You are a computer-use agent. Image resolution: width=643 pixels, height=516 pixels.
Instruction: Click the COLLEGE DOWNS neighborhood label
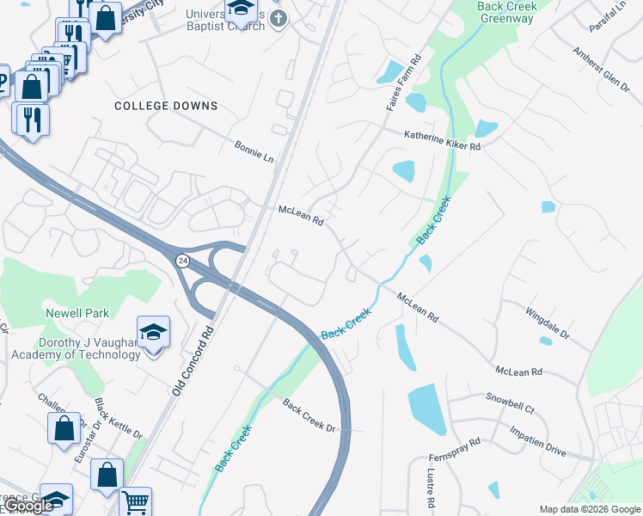click(x=166, y=106)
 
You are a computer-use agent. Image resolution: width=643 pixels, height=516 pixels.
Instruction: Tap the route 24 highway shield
click(x=182, y=260)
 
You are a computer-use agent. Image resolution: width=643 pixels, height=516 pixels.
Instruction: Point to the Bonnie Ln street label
click(x=254, y=153)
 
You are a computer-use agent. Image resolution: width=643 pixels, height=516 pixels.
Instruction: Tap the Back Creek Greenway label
click(x=507, y=12)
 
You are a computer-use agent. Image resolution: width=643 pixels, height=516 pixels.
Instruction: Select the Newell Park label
click(x=78, y=314)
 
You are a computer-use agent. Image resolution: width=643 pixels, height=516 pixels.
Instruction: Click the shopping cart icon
click(x=135, y=502)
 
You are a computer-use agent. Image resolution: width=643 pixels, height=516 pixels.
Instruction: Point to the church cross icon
click(x=277, y=18)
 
